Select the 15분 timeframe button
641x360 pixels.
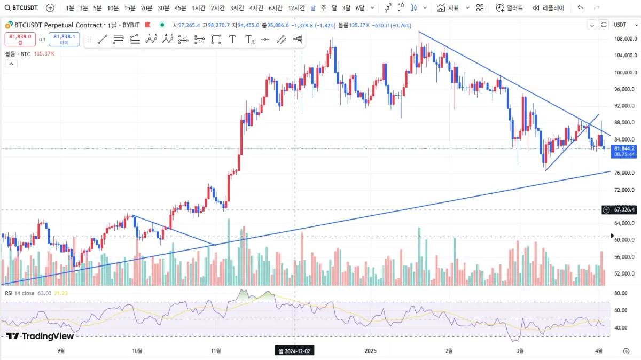tap(130, 8)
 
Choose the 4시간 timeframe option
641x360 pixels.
tap(257, 8)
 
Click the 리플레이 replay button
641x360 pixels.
tap(548, 8)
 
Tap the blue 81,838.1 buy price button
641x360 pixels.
tap(64, 39)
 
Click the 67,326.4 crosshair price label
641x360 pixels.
tap(623, 210)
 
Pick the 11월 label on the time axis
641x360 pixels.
tap(216, 351)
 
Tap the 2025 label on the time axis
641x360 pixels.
tap(371, 351)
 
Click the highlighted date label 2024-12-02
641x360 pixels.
tap(295, 351)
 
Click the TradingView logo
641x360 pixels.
tap(40, 336)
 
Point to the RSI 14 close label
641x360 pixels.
tap(20, 293)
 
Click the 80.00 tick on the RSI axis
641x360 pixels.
tap(620, 293)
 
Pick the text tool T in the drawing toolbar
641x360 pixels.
tap(232, 39)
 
